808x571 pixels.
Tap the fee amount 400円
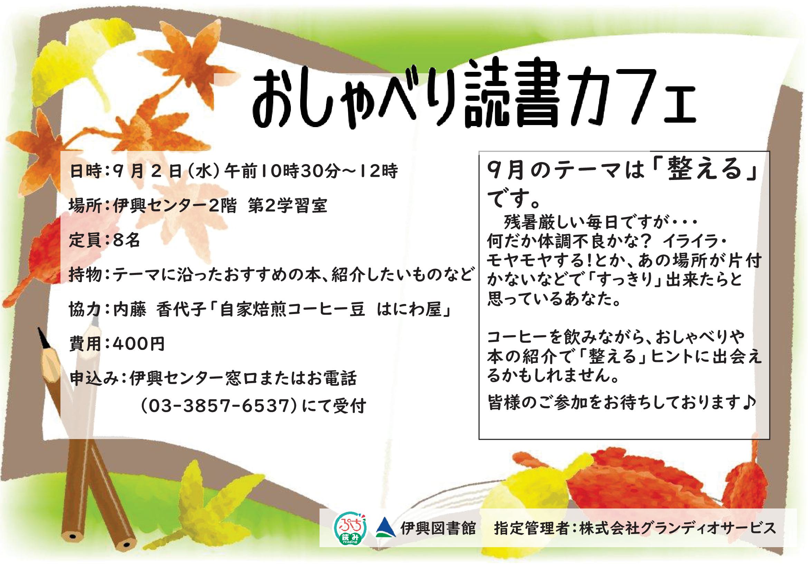pyautogui.click(x=139, y=344)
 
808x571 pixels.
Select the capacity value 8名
pyautogui.click(x=127, y=241)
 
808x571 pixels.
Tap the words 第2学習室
pyautogui.click(x=287, y=206)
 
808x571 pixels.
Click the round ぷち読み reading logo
pyautogui.click(x=350, y=528)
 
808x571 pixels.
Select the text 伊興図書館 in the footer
pyautogui.click(x=438, y=528)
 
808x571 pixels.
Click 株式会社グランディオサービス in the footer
pyautogui.click(x=678, y=528)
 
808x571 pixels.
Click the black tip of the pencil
pyautogui.click(x=43, y=337)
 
